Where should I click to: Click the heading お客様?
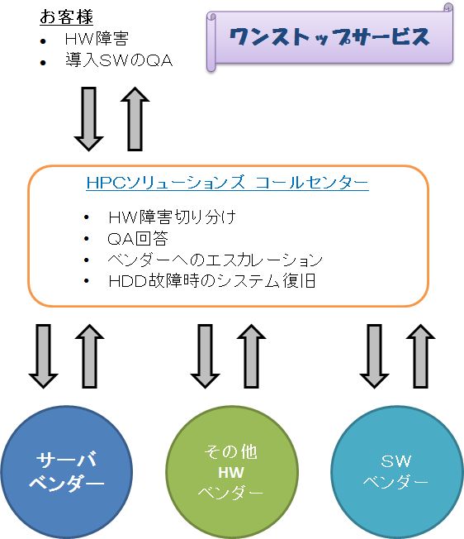(x=66, y=17)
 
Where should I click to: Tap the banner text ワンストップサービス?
(x=329, y=36)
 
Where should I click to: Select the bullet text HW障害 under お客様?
(x=97, y=39)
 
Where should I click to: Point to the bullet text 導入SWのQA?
(x=119, y=60)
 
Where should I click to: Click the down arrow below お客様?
(x=88, y=119)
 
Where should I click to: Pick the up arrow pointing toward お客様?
(x=135, y=119)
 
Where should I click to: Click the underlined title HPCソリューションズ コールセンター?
(x=227, y=182)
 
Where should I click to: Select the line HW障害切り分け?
(x=172, y=217)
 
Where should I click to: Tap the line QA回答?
(x=138, y=239)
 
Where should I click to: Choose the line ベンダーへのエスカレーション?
(x=215, y=260)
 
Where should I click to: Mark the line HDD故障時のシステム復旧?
(x=211, y=281)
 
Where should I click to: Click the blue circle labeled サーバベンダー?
(x=66, y=471)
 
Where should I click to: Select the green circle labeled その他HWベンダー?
(x=232, y=471)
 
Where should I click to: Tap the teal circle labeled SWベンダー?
(x=397, y=471)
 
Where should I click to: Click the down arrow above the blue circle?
(x=43, y=356)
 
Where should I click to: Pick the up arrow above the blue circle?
(x=89, y=356)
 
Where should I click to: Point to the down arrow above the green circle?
(x=205, y=356)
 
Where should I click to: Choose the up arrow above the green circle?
(x=251, y=356)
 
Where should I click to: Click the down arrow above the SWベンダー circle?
(x=374, y=356)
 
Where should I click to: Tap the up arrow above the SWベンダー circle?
(x=420, y=356)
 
